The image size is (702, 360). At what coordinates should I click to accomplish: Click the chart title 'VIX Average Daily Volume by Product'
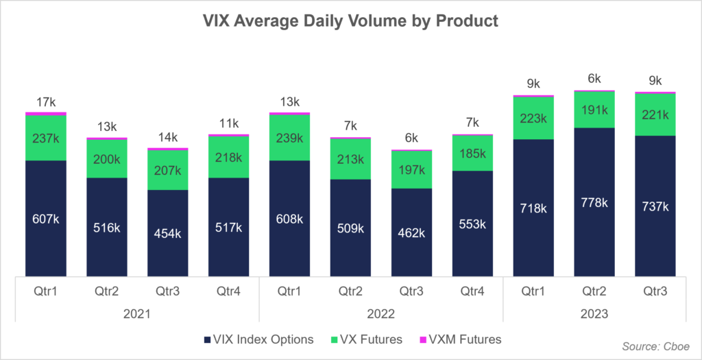point(350,21)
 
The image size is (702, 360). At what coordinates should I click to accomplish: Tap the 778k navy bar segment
point(594,203)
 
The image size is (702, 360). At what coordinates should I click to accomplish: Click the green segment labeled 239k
point(289,137)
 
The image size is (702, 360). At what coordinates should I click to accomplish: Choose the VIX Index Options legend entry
point(258,339)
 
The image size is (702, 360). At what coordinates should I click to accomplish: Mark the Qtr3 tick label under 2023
point(655,291)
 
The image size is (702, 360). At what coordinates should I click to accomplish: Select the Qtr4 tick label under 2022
point(472,291)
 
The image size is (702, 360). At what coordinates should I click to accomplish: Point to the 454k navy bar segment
point(168,233)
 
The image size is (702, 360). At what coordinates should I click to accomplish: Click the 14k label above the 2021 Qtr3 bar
point(168,138)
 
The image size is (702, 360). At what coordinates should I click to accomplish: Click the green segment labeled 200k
point(107,159)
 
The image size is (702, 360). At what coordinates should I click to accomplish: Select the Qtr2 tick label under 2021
point(107,291)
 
